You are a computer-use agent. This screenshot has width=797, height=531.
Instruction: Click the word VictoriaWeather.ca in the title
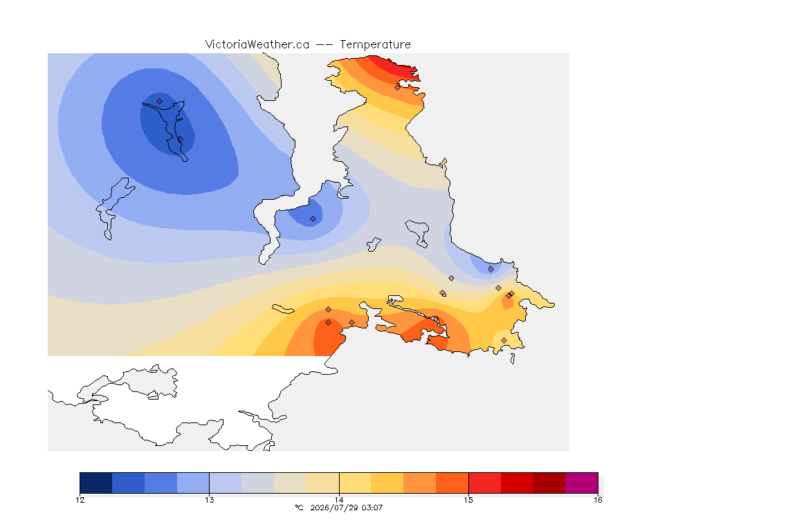(x=257, y=45)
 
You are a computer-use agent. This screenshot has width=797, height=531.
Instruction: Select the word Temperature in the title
(x=375, y=45)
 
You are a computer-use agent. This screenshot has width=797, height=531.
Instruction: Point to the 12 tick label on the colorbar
(x=80, y=500)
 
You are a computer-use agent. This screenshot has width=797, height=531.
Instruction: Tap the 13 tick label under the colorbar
(x=210, y=500)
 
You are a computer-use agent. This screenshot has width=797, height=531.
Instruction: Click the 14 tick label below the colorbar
(x=339, y=500)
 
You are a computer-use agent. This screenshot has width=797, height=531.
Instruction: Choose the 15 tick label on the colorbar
(x=468, y=500)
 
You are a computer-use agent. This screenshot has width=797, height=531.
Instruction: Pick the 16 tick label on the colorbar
(x=598, y=500)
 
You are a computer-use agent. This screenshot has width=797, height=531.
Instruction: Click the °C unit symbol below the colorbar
(x=300, y=507)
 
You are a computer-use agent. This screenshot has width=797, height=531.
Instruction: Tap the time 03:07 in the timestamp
(x=372, y=507)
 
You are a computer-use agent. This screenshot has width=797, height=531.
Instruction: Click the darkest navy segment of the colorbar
(x=96, y=483)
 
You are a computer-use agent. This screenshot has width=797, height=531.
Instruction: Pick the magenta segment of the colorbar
(x=581, y=483)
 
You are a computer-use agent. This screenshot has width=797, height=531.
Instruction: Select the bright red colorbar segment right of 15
(x=484, y=483)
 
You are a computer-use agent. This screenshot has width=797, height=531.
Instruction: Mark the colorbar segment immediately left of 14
(x=323, y=483)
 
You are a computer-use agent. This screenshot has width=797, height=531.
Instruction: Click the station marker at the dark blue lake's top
(x=160, y=102)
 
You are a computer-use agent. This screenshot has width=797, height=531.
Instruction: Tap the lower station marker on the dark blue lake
(x=180, y=139)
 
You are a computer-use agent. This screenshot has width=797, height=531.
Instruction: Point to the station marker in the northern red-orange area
(x=398, y=87)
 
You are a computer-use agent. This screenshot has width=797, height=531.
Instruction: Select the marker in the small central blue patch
(x=313, y=219)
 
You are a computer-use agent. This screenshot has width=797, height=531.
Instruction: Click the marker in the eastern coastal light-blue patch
(x=491, y=270)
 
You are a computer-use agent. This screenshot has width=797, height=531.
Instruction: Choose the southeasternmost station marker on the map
(x=504, y=340)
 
